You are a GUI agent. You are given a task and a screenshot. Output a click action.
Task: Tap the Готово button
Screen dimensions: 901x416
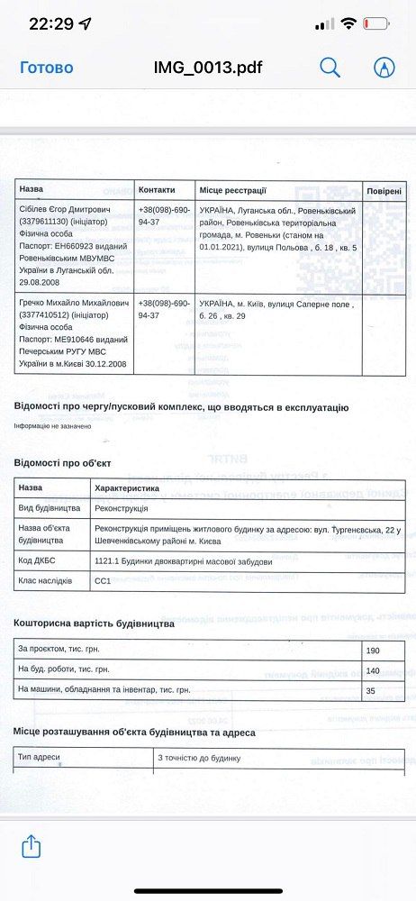[x=47, y=68]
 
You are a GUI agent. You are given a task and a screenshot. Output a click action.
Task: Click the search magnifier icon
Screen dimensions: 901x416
[x=330, y=68]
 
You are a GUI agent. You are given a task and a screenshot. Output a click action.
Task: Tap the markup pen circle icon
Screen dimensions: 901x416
[x=384, y=68]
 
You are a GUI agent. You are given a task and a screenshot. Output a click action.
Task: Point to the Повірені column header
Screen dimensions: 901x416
[x=385, y=190]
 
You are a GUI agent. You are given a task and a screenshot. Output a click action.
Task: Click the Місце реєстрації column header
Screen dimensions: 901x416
[x=232, y=190]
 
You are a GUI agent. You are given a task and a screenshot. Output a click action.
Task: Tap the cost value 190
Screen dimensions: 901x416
[x=373, y=651]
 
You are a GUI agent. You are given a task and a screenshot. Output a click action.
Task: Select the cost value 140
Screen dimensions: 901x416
[x=373, y=670]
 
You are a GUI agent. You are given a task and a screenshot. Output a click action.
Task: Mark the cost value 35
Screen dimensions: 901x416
[x=371, y=690]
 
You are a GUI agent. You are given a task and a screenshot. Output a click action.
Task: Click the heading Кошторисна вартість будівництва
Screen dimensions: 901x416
[x=95, y=623]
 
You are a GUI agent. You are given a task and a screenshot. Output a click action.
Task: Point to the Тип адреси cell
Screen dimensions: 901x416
[x=39, y=758]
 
